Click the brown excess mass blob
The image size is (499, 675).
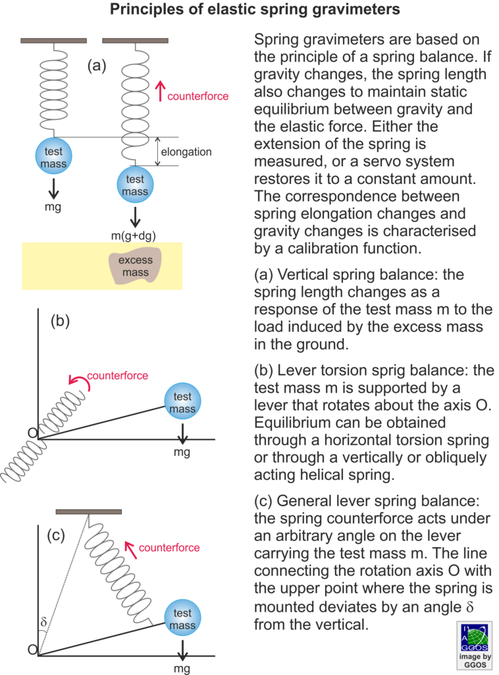click(135, 266)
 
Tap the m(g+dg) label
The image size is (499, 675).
click(134, 235)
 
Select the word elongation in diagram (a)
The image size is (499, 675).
click(186, 152)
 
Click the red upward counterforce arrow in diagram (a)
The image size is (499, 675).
click(161, 91)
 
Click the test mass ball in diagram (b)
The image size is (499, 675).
click(182, 401)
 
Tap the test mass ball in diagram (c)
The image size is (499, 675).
click(182, 618)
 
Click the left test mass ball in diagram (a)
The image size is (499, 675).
click(53, 156)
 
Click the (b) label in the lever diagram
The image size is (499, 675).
click(60, 321)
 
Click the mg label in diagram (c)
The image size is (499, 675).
click(182, 668)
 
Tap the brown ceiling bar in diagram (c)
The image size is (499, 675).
click(88, 512)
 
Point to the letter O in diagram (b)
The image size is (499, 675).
click(33, 432)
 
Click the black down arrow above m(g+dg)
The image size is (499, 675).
click(136, 218)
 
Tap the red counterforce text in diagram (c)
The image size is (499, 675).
click(169, 548)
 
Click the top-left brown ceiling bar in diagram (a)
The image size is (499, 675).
click(54, 40)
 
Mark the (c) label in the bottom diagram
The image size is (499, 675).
click(56, 535)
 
